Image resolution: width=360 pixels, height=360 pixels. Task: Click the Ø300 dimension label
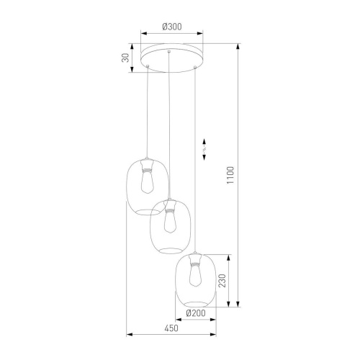[171, 27]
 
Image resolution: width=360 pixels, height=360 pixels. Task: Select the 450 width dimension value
[171, 328]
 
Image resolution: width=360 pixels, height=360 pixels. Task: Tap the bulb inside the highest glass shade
[148, 184]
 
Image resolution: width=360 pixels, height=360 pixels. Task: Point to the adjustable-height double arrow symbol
[204, 149]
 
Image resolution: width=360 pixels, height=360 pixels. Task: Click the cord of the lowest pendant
[194, 158]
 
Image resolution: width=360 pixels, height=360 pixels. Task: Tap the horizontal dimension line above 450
[171, 334]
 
